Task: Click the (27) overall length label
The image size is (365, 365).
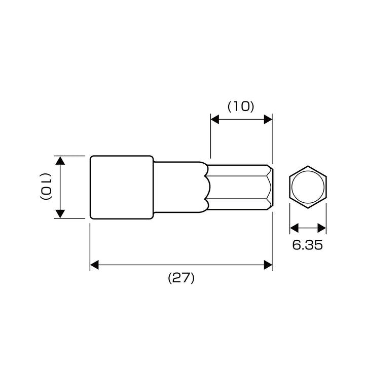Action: tap(181, 278)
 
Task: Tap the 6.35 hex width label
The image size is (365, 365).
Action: tap(308, 245)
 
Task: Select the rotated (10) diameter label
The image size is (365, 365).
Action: tap(46, 186)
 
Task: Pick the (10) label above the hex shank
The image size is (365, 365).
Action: tap(241, 106)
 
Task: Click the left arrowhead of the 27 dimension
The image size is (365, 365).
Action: tap(94, 265)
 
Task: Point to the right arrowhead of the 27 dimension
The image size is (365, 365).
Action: tap(268, 265)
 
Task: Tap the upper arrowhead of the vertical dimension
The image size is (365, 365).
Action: tap(60, 161)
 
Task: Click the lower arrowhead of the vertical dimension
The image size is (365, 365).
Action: tap(60, 214)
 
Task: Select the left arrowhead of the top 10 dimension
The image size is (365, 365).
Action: tap(215, 119)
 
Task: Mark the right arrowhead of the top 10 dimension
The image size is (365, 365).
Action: tap(268, 119)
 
